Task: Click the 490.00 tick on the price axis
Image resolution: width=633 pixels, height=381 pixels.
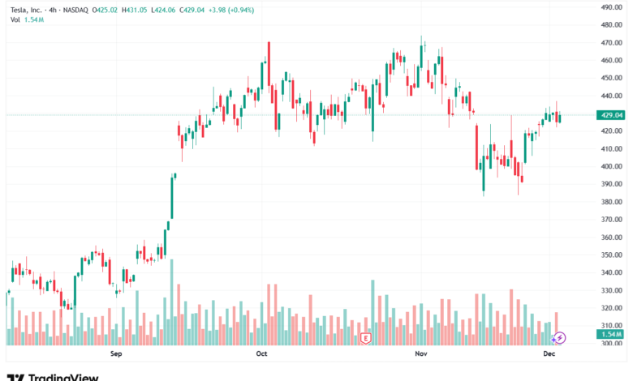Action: [x=611, y=6]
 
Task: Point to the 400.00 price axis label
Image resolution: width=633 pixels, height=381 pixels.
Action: [x=611, y=166]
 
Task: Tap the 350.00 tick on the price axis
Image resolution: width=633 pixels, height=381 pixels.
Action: [x=611, y=255]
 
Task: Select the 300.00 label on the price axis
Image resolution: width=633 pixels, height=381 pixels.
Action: [x=611, y=343]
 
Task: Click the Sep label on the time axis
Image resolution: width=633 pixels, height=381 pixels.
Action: [x=115, y=354]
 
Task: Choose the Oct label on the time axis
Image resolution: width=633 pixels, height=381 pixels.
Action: [x=261, y=354]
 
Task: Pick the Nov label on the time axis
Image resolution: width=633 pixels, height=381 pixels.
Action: [x=420, y=354]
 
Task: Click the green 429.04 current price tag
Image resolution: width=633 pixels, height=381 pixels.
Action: [x=611, y=115]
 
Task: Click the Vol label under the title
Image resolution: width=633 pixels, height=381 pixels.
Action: [x=15, y=19]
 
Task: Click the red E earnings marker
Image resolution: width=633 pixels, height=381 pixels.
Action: [x=367, y=337]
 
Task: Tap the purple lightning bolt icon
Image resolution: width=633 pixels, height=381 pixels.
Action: [x=559, y=337]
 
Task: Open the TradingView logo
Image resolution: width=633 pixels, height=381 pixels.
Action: [x=53, y=376]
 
